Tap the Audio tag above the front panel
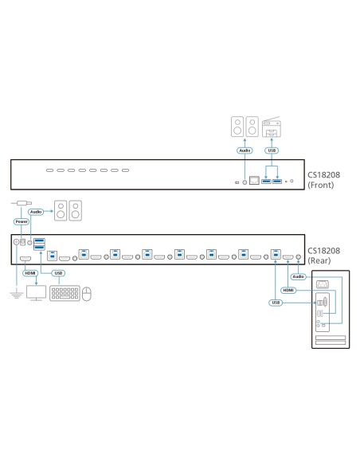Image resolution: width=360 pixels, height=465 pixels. pyautogui.click(x=245, y=149)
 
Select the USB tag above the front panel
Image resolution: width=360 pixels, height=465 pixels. pyautogui.click(x=272, y=149)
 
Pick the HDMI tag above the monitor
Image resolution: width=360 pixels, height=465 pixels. pyautogui.click(x=31, y=273)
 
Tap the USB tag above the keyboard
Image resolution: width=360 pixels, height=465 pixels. pyautogui.click(x=58, y=273)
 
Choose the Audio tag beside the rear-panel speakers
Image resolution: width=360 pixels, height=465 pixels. pyautogui.click(x=35, y=212)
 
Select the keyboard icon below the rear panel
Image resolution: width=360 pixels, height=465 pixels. pyautogui.click(x=65, y=293)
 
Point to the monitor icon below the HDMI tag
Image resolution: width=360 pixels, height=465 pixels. pyautogui.click(x=36, y=293)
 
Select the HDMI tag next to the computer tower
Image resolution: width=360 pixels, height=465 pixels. pyautogui.click(x=288, y=291)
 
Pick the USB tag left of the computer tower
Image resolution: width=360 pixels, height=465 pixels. pyautogui.click(x=275, y=303)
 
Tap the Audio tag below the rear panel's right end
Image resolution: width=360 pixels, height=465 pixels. pyautogui.click(x=298, y=277)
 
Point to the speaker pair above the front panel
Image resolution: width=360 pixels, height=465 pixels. pyautogui.click(x=245, y=126)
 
